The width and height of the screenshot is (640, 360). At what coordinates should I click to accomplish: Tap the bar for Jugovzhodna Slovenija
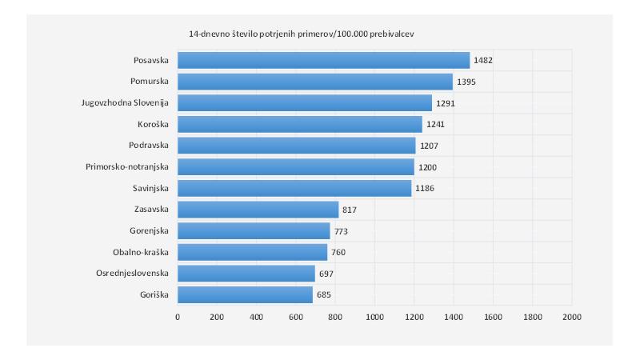pyautogui.click(x=305, y=102)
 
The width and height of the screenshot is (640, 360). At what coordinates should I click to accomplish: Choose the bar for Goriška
pyautogui.click(x=245, y=294)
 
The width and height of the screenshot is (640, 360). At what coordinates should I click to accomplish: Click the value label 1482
pyautogui.click(x=483, y=60)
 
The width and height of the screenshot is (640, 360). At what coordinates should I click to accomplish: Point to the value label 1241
pyautogui.click(x=436, y=124)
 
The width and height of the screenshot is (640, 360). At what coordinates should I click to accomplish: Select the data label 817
pyautogui.click(x=350, y=210)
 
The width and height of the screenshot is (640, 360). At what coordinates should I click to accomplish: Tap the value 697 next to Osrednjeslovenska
pyautogui.click(x=326, y=274)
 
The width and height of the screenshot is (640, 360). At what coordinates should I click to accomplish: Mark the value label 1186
pyautogui.click(x=425, y=188)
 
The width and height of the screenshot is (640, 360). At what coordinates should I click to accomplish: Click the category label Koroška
pyautogui.click(x=153, y=124)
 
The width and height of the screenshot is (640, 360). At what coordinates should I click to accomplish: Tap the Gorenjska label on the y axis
pyautogui.click(x=149, y=230)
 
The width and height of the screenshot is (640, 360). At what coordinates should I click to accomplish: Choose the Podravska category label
pyautogui.click(x=148, y=146)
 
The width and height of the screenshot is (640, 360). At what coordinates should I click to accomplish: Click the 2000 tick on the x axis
pyautogui.click(x=571, y=317)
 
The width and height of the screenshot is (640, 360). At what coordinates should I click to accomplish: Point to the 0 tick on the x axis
pyautogui.click(x=178, y=317)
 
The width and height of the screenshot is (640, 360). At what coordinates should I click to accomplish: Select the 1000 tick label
pyautogui.click(x=374, y=317)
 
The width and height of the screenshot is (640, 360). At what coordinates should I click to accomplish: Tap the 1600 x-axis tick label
pyautogui.click(x=493, y=317)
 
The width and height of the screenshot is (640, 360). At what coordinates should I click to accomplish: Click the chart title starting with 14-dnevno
pyautogui.click(x=301, y=34)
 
